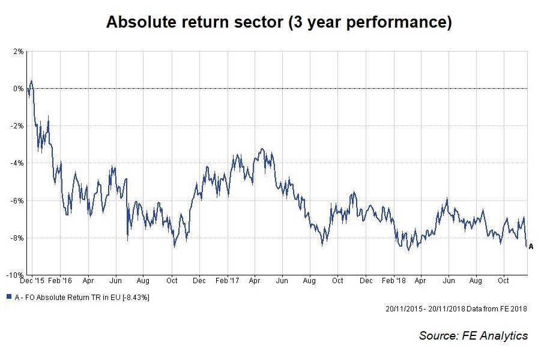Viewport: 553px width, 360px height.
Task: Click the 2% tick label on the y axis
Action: pos(18,52)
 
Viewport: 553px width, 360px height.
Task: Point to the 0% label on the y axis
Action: pos(18,89)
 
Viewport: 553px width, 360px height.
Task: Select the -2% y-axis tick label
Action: pos(17,126)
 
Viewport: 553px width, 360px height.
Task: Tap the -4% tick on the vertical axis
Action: pos(17,163)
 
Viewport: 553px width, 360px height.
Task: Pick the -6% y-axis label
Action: pos(17,200)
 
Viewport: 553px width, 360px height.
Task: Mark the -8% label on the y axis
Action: pos(17,238)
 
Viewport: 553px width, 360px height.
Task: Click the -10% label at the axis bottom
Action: pos(16,275)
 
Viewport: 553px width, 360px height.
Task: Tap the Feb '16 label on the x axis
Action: pos(60,280)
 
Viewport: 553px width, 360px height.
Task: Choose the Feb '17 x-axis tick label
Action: pos(228,280)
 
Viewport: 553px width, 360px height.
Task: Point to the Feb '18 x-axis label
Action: pos(393,280)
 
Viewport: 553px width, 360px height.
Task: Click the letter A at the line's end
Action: pos(531,246)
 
